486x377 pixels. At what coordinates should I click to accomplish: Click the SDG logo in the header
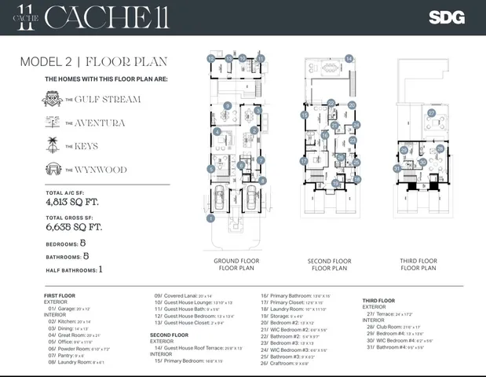446,16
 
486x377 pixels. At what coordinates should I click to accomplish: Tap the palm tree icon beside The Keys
53,145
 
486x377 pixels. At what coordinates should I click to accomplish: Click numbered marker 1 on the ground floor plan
210,218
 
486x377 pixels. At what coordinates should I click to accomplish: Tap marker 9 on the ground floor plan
227,105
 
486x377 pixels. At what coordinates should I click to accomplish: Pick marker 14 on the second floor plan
349,58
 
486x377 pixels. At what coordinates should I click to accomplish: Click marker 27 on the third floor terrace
431,113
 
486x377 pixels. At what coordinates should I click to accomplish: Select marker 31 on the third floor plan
397,168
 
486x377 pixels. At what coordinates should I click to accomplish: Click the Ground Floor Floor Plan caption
236,264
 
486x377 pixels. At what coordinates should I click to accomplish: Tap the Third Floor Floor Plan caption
418,264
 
